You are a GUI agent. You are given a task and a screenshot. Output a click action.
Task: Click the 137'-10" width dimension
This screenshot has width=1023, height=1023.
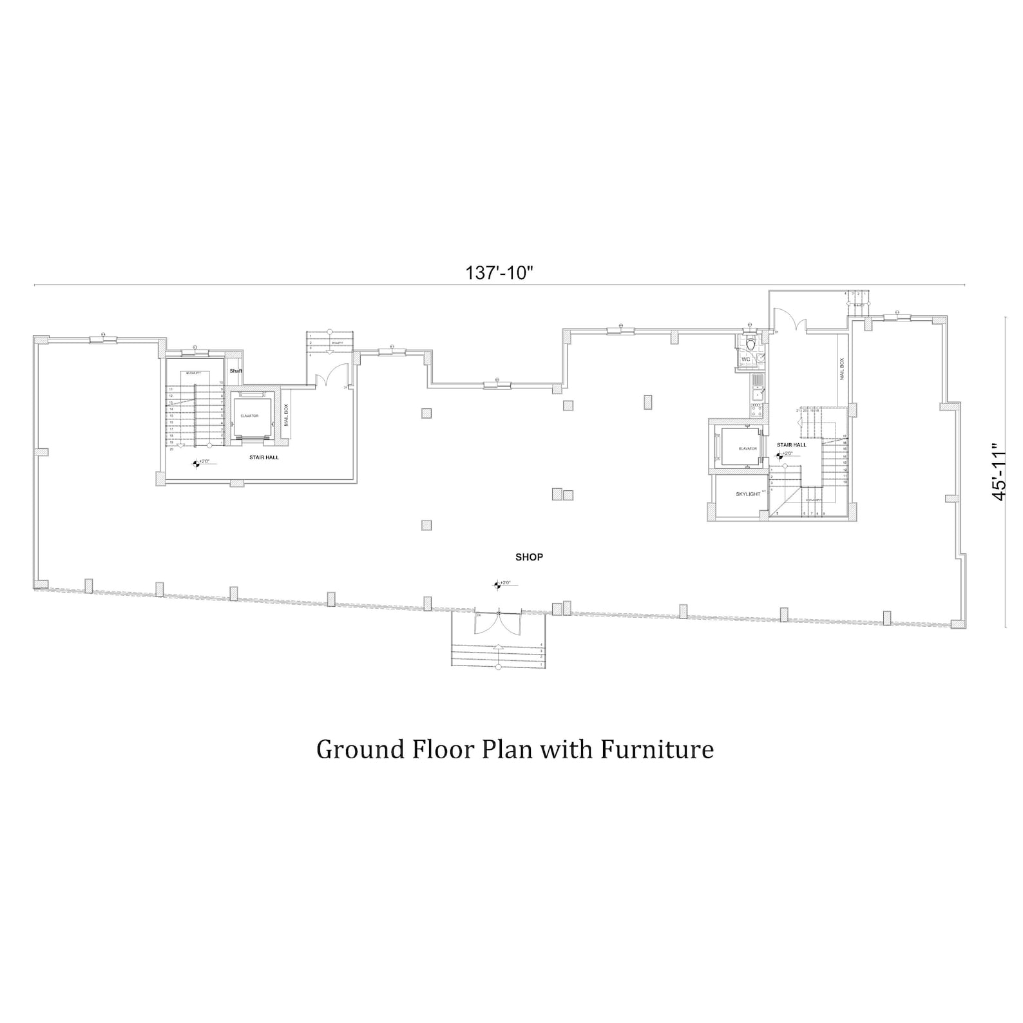click(500, 273)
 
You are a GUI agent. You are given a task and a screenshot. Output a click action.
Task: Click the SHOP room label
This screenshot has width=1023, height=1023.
click(529, 557)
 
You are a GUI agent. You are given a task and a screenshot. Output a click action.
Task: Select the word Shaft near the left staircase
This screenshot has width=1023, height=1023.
click(236, 371)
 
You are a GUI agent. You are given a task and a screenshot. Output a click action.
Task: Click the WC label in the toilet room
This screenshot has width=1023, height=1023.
click(746, 359)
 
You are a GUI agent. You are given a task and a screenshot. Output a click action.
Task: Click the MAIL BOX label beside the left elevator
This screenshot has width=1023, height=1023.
click(287, 416)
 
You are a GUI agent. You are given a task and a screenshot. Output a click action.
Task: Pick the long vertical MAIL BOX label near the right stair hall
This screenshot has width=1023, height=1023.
click(841, 370)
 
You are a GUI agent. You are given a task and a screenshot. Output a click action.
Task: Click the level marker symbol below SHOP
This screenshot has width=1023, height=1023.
click(497, 585)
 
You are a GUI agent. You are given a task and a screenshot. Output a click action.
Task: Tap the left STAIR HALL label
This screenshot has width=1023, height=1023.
click(264, 457)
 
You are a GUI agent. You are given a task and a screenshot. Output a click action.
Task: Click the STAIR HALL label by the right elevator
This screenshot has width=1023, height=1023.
click(791, 445)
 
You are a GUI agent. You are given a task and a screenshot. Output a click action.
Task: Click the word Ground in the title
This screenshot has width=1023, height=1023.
click(358, 749)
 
